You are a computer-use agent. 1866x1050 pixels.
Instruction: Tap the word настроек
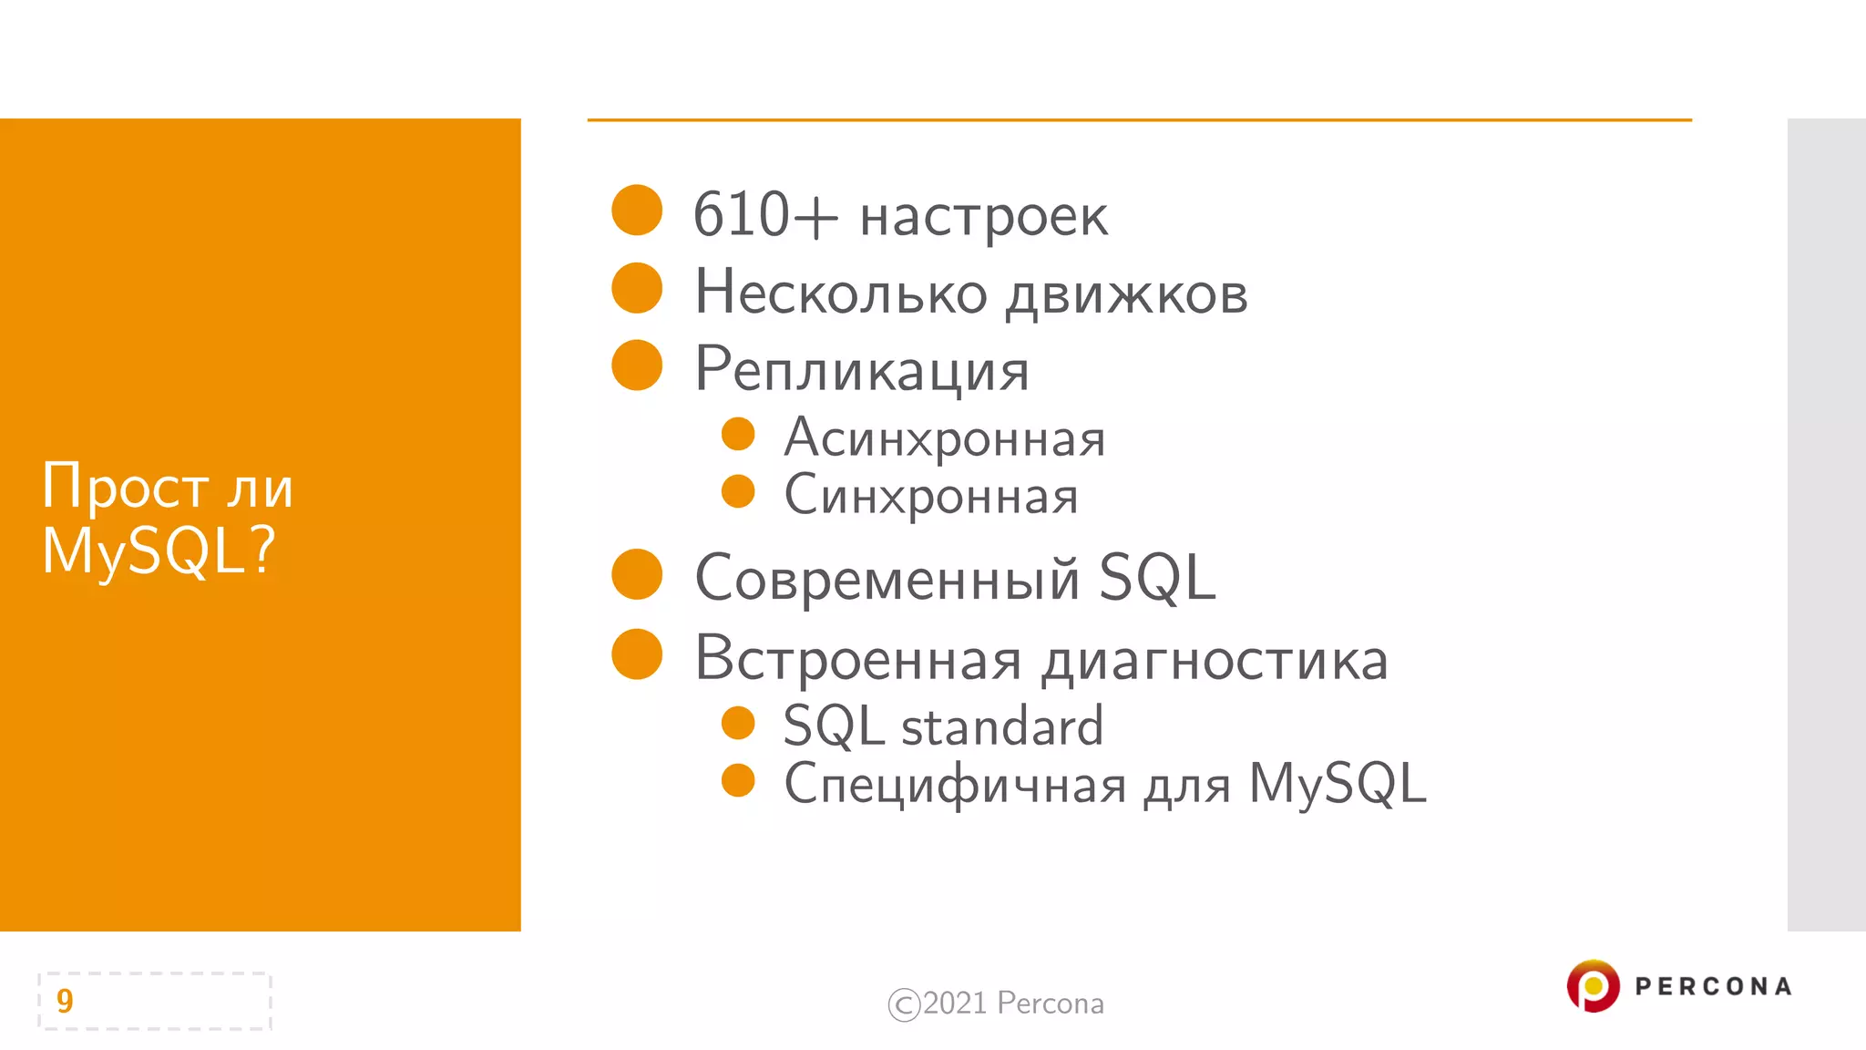pos(984,219)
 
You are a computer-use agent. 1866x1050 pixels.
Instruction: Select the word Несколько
pos(841,293)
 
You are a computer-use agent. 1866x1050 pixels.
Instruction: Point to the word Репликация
pos(862,371)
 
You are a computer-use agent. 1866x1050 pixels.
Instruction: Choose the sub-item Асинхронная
pos(945,438)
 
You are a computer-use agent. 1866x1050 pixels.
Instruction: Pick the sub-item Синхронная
pos(931,496)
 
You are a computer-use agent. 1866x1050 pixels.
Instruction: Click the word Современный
pos(887,579)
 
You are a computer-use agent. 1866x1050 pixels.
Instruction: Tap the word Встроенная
pos(857,658)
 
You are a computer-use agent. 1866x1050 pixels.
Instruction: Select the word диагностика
pos(1215,660)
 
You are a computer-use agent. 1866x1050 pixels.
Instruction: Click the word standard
pos(1002,726)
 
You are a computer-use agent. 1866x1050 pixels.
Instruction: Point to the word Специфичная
pos(956,785)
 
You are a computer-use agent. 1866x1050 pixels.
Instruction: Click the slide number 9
pos(65,1001)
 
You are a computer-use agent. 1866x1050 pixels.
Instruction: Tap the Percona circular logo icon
pos(1593,985)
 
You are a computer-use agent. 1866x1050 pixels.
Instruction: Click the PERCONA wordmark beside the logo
pos(1713,986)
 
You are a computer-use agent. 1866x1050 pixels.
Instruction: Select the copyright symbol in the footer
pos(904,1004)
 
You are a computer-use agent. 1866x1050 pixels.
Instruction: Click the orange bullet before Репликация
pos(637,365)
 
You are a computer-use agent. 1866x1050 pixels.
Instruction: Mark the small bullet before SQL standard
pos(738,723)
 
